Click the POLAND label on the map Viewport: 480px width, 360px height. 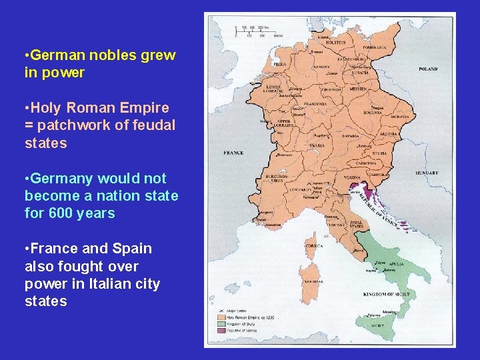coord(428,69)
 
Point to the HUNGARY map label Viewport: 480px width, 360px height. coord(426,173)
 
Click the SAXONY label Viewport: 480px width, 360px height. coord(321,67)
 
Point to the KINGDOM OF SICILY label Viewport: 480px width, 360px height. coord(385,294)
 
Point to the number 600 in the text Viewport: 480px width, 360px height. coord(59,213)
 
